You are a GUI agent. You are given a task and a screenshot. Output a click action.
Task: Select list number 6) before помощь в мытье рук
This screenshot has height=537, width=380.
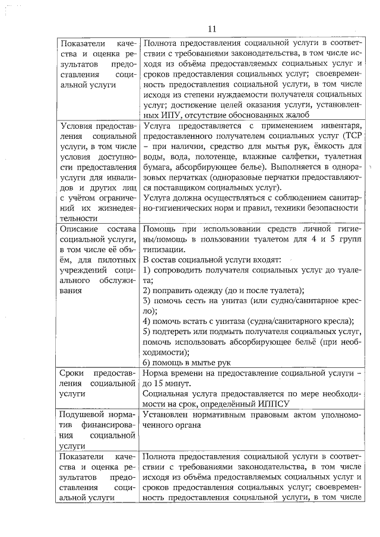[147, 363]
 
